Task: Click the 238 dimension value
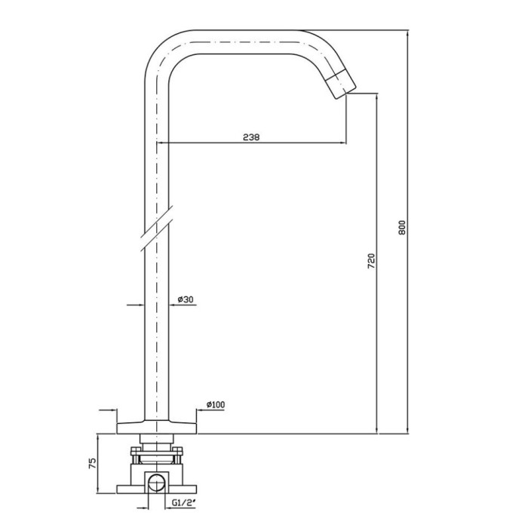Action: point(251,137)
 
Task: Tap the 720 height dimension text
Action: point(370,262)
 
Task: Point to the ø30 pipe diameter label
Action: point(186,299)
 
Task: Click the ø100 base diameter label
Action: point(216,405)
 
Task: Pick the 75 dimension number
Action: point(93,463)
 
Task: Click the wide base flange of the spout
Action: point(157,424)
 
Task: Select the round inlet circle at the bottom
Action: point(158,483)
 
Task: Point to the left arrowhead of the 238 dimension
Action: point(160,143)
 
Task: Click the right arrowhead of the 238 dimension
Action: point(343,143)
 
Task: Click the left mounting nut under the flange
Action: point(136,454)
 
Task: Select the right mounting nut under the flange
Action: point(180,454)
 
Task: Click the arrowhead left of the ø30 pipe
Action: point(141,305)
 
